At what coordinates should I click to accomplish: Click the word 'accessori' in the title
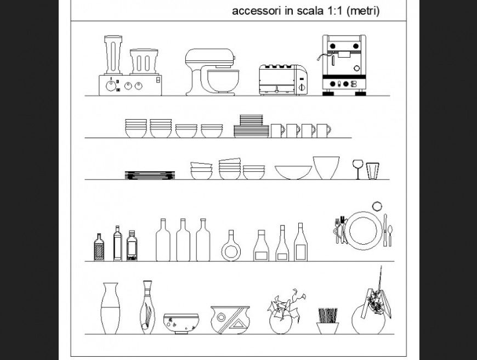tap(256, 11)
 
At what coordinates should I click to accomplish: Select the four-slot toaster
tap(283, 80)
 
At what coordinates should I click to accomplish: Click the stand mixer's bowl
tap(223, 81)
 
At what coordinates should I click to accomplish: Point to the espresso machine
tap(343, 65)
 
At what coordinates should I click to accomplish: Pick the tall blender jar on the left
tap(113, 55)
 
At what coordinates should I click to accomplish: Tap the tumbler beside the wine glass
tap(372, 171)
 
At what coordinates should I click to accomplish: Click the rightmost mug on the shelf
tap(323, 131)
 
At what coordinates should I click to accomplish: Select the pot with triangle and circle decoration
tap(230, 320)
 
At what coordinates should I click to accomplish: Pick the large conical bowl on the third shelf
tap(326, 167)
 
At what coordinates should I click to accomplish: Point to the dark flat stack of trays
tap(150, 175)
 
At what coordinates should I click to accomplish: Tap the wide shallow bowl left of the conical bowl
tap(293, 172)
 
